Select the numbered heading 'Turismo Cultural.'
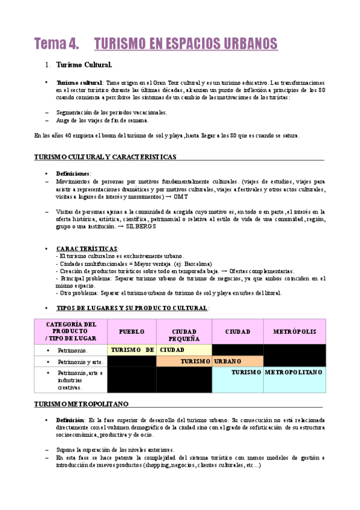84,64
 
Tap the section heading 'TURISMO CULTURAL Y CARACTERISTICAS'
105,157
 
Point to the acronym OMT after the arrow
182,197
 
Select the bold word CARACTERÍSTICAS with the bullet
87,248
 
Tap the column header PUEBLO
132,331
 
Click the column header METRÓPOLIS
294,331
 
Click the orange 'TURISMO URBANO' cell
210,361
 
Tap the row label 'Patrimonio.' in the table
72,349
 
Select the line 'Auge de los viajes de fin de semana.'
102,120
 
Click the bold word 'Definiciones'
73,173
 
